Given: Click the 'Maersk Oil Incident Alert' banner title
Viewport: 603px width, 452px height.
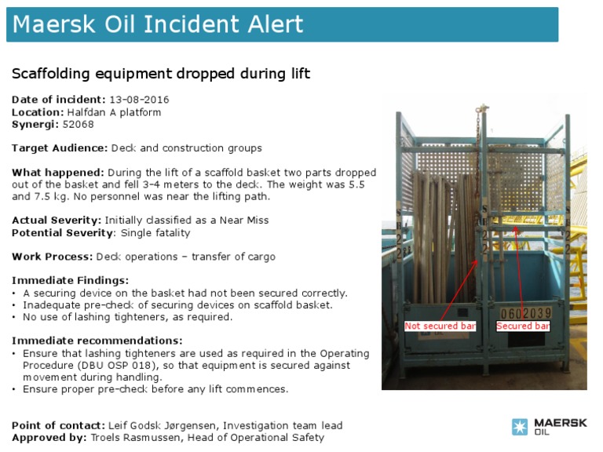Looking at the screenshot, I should click(158, 24).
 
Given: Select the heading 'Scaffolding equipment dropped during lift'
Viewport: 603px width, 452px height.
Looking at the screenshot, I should click(161, 75).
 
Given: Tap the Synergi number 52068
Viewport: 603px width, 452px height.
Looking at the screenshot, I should click(76, 124).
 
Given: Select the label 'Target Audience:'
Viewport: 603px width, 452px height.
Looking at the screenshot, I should click(60, 148).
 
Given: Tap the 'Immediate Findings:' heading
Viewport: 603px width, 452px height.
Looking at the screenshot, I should click(70, 280).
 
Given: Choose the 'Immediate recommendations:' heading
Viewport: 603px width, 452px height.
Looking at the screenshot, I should click(97, 341).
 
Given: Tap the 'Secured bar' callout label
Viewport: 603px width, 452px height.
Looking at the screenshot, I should click(523, 326).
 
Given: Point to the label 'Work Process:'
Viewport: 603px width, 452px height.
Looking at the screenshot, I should click(52, 257).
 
